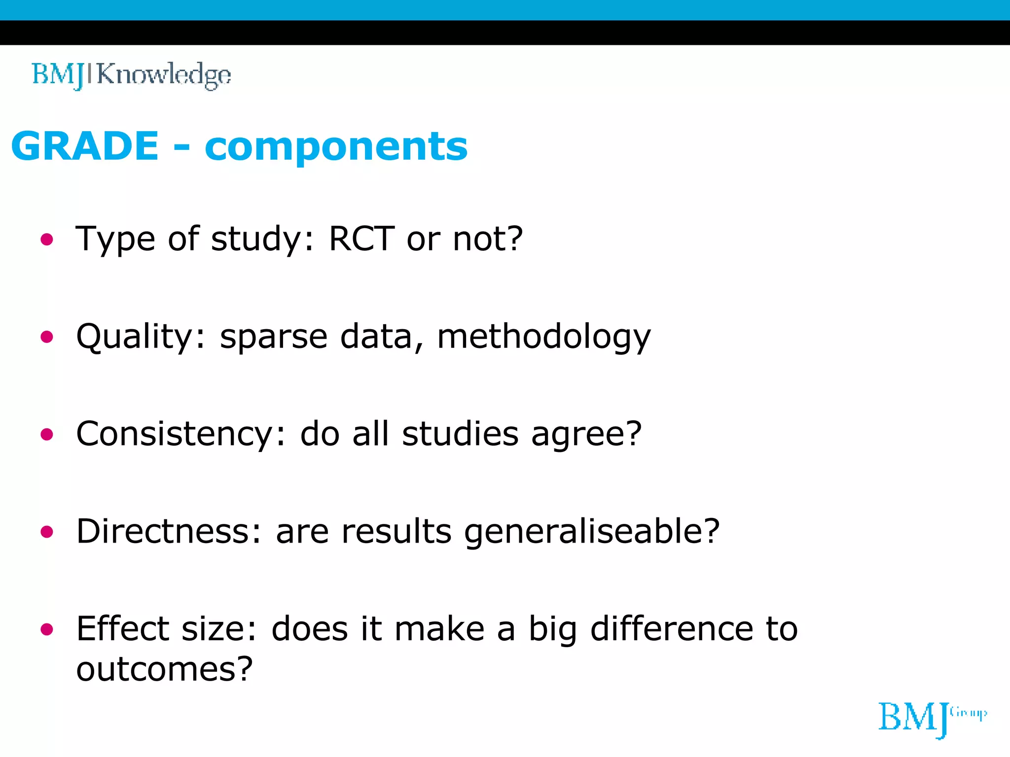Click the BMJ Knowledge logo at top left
tap(131, 75)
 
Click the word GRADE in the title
tap(85, 146)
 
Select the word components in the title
tap(336, 147)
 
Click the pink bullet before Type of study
tap(47, 240)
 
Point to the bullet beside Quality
tap(47, 337)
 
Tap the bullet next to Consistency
tap(47, 434)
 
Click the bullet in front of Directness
tap(47, 532)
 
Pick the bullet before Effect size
tap(47, 629)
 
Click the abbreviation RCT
tap(361, 239)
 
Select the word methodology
tap(543, 338)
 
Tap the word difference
tap(672, 629)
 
